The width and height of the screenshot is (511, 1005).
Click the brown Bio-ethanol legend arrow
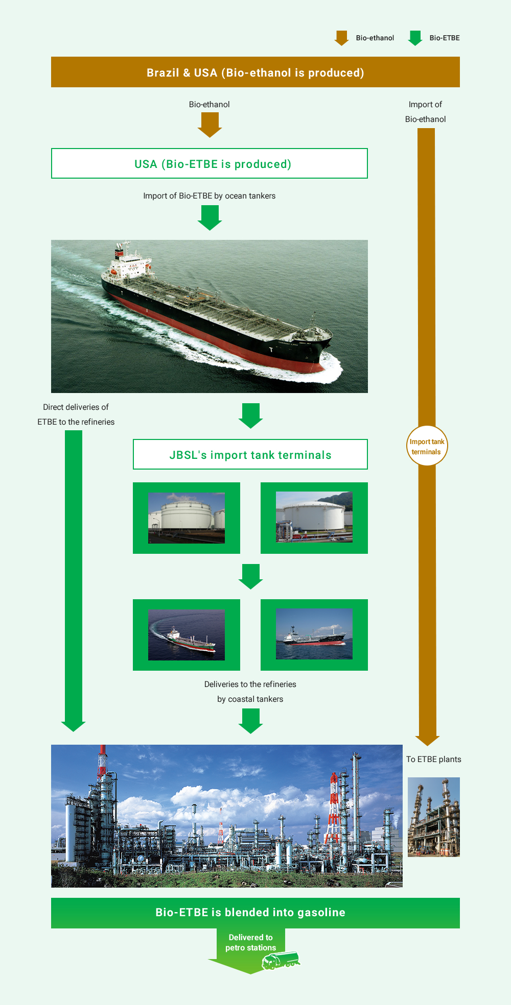click(341, 38)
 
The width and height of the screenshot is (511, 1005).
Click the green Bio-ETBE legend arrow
click(415, 38)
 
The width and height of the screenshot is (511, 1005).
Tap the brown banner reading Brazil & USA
click(255, 72)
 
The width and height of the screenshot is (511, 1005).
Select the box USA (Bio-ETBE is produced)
click(210, 163)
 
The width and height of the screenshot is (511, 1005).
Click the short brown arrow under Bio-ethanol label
click(210, 125)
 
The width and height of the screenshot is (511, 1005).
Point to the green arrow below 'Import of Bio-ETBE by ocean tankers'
click(210, 218)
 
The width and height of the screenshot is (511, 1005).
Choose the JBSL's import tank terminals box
click(250, 454)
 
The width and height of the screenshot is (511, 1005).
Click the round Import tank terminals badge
click(427, 446)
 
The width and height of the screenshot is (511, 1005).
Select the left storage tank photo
click(187, 518)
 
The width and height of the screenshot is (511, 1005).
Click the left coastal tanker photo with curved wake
click(187, 634)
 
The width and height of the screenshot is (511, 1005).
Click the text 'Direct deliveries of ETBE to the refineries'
click(76, 414)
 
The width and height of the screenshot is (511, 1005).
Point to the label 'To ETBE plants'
click(434, 759)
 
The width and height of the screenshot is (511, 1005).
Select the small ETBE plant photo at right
click(434, 817)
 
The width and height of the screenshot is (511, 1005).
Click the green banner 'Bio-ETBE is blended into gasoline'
click(255, 913)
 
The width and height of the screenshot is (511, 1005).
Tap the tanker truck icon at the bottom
click(281, 960)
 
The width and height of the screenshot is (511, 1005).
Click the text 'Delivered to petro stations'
click(251, 942)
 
